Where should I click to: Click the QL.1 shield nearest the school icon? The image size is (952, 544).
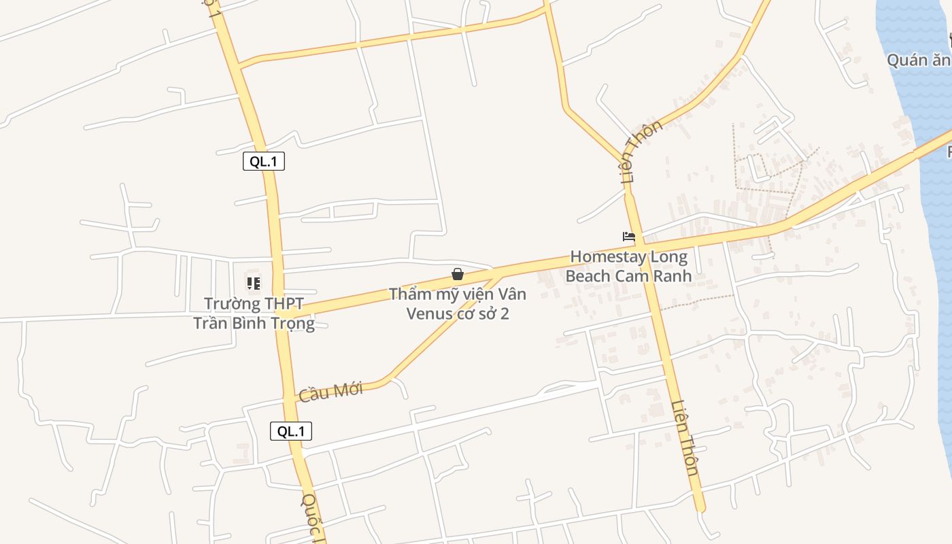pyautogui.click(x=263, y=161)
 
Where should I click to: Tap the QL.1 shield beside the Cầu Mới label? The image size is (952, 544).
pyautogui.click(x=291, y=430)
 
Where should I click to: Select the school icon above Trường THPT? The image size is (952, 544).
pyautogui.click(x=254, y=283)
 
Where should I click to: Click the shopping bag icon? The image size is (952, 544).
pyautogui.click(x=458, y=274)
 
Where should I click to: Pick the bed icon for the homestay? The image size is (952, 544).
pyautogui.click(x=629, y=237)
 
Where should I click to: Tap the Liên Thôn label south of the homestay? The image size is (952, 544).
pyautogui.click(x=685, y=438)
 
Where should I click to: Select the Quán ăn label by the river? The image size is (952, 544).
pyautogui.click(x=918, y=60)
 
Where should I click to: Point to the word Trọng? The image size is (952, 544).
pyautogui.click(x=293, y=323)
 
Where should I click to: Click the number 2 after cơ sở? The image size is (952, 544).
pyautogui.click(x=505, y=313)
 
